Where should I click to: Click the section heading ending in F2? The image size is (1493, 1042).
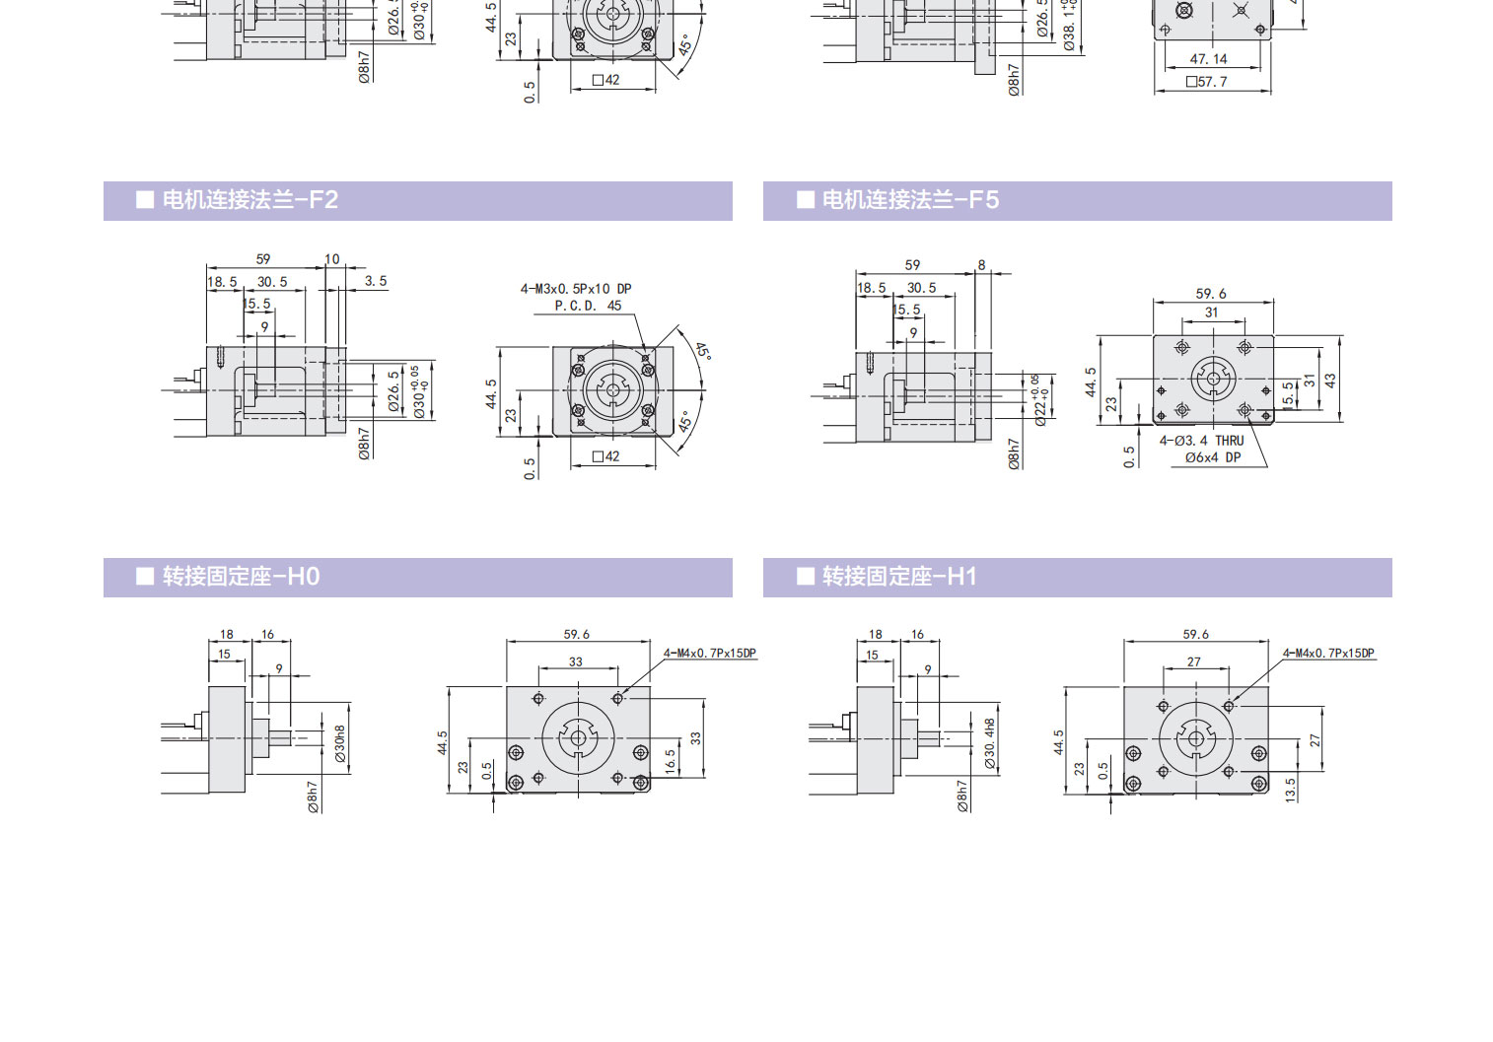(249, 200)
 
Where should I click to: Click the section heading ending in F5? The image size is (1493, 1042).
(909, 200)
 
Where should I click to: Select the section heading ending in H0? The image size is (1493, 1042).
(241, 577)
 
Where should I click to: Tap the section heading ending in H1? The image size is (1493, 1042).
(898, 577)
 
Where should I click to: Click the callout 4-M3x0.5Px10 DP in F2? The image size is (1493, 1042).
(576, 289)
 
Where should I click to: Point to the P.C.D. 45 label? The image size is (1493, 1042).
(588, 306)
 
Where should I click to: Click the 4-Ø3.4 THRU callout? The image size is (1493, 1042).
(1201, 441)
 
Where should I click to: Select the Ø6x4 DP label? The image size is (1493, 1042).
(1213, 457)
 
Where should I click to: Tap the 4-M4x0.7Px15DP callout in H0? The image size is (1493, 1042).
(710, 654)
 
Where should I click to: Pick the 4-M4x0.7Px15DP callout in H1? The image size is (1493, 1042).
(1328, 654)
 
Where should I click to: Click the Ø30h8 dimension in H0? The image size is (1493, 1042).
(340, 743)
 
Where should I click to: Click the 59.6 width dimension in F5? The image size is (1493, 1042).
(1211, 294)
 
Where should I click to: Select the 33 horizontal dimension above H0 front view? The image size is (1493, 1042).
(576, 662)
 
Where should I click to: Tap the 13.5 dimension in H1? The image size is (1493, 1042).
(1291, 789)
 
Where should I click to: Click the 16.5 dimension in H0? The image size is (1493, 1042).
(671, 760)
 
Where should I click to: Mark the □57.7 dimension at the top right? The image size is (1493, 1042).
(1207, 82)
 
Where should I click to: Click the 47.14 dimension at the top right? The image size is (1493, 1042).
(1208, 59)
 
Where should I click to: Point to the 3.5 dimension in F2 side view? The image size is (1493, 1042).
(376, 281)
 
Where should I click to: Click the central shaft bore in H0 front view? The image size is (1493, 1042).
(577, 737)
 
